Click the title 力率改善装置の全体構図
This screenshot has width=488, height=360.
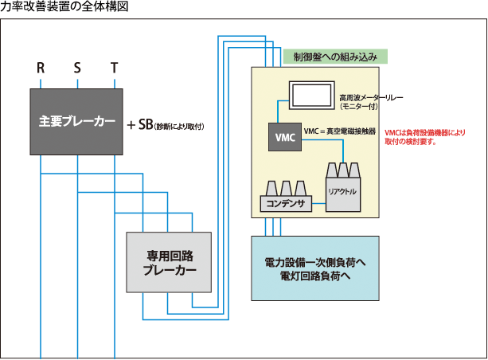pyautogui.click(x=64, y=7)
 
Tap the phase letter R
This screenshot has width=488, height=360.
pyautogui.click(x=41, y=68)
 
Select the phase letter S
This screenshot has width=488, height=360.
pyautogui.click(x=77, y=68)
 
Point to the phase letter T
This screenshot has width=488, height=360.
pyautogui.click(x=115, y=68)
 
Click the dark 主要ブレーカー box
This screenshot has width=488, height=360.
pyautogui.click(x=76, y=122)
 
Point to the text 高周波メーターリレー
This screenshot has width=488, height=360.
pyautogui.click(x=371, y=96)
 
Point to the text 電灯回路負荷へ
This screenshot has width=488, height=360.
pyautogui.click(x=315, y=276)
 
